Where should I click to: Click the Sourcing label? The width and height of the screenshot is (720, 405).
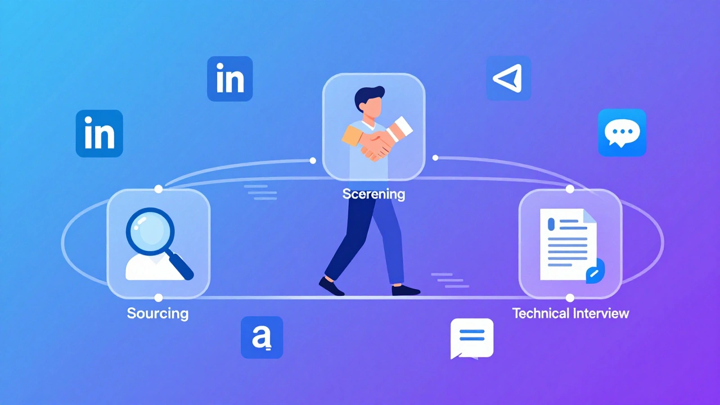point(158,313)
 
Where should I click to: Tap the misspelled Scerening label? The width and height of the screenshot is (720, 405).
point(373,194)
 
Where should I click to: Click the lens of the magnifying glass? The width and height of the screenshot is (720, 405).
point(150,231)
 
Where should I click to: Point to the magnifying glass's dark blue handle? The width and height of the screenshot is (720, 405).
point(181,266)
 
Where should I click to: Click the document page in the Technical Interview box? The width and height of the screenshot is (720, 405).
point(568,244)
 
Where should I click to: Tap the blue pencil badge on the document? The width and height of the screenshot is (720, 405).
point(595,271)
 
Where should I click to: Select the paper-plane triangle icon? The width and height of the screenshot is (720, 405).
point(508,78)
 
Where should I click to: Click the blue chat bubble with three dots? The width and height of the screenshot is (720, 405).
point(622,133)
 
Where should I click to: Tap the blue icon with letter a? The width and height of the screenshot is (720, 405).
point(262,337)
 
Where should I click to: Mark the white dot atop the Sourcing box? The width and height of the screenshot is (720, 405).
point(159,189)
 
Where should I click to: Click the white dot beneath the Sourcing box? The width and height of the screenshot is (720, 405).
point(159,298)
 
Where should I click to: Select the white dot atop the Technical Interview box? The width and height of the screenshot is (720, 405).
point(570,189)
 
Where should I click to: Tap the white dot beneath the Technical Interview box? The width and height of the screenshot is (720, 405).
point(570,298)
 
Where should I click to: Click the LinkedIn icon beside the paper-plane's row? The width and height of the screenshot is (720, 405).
point(230,79)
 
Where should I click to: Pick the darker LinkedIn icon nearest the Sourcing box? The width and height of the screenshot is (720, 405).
point(100,133)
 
